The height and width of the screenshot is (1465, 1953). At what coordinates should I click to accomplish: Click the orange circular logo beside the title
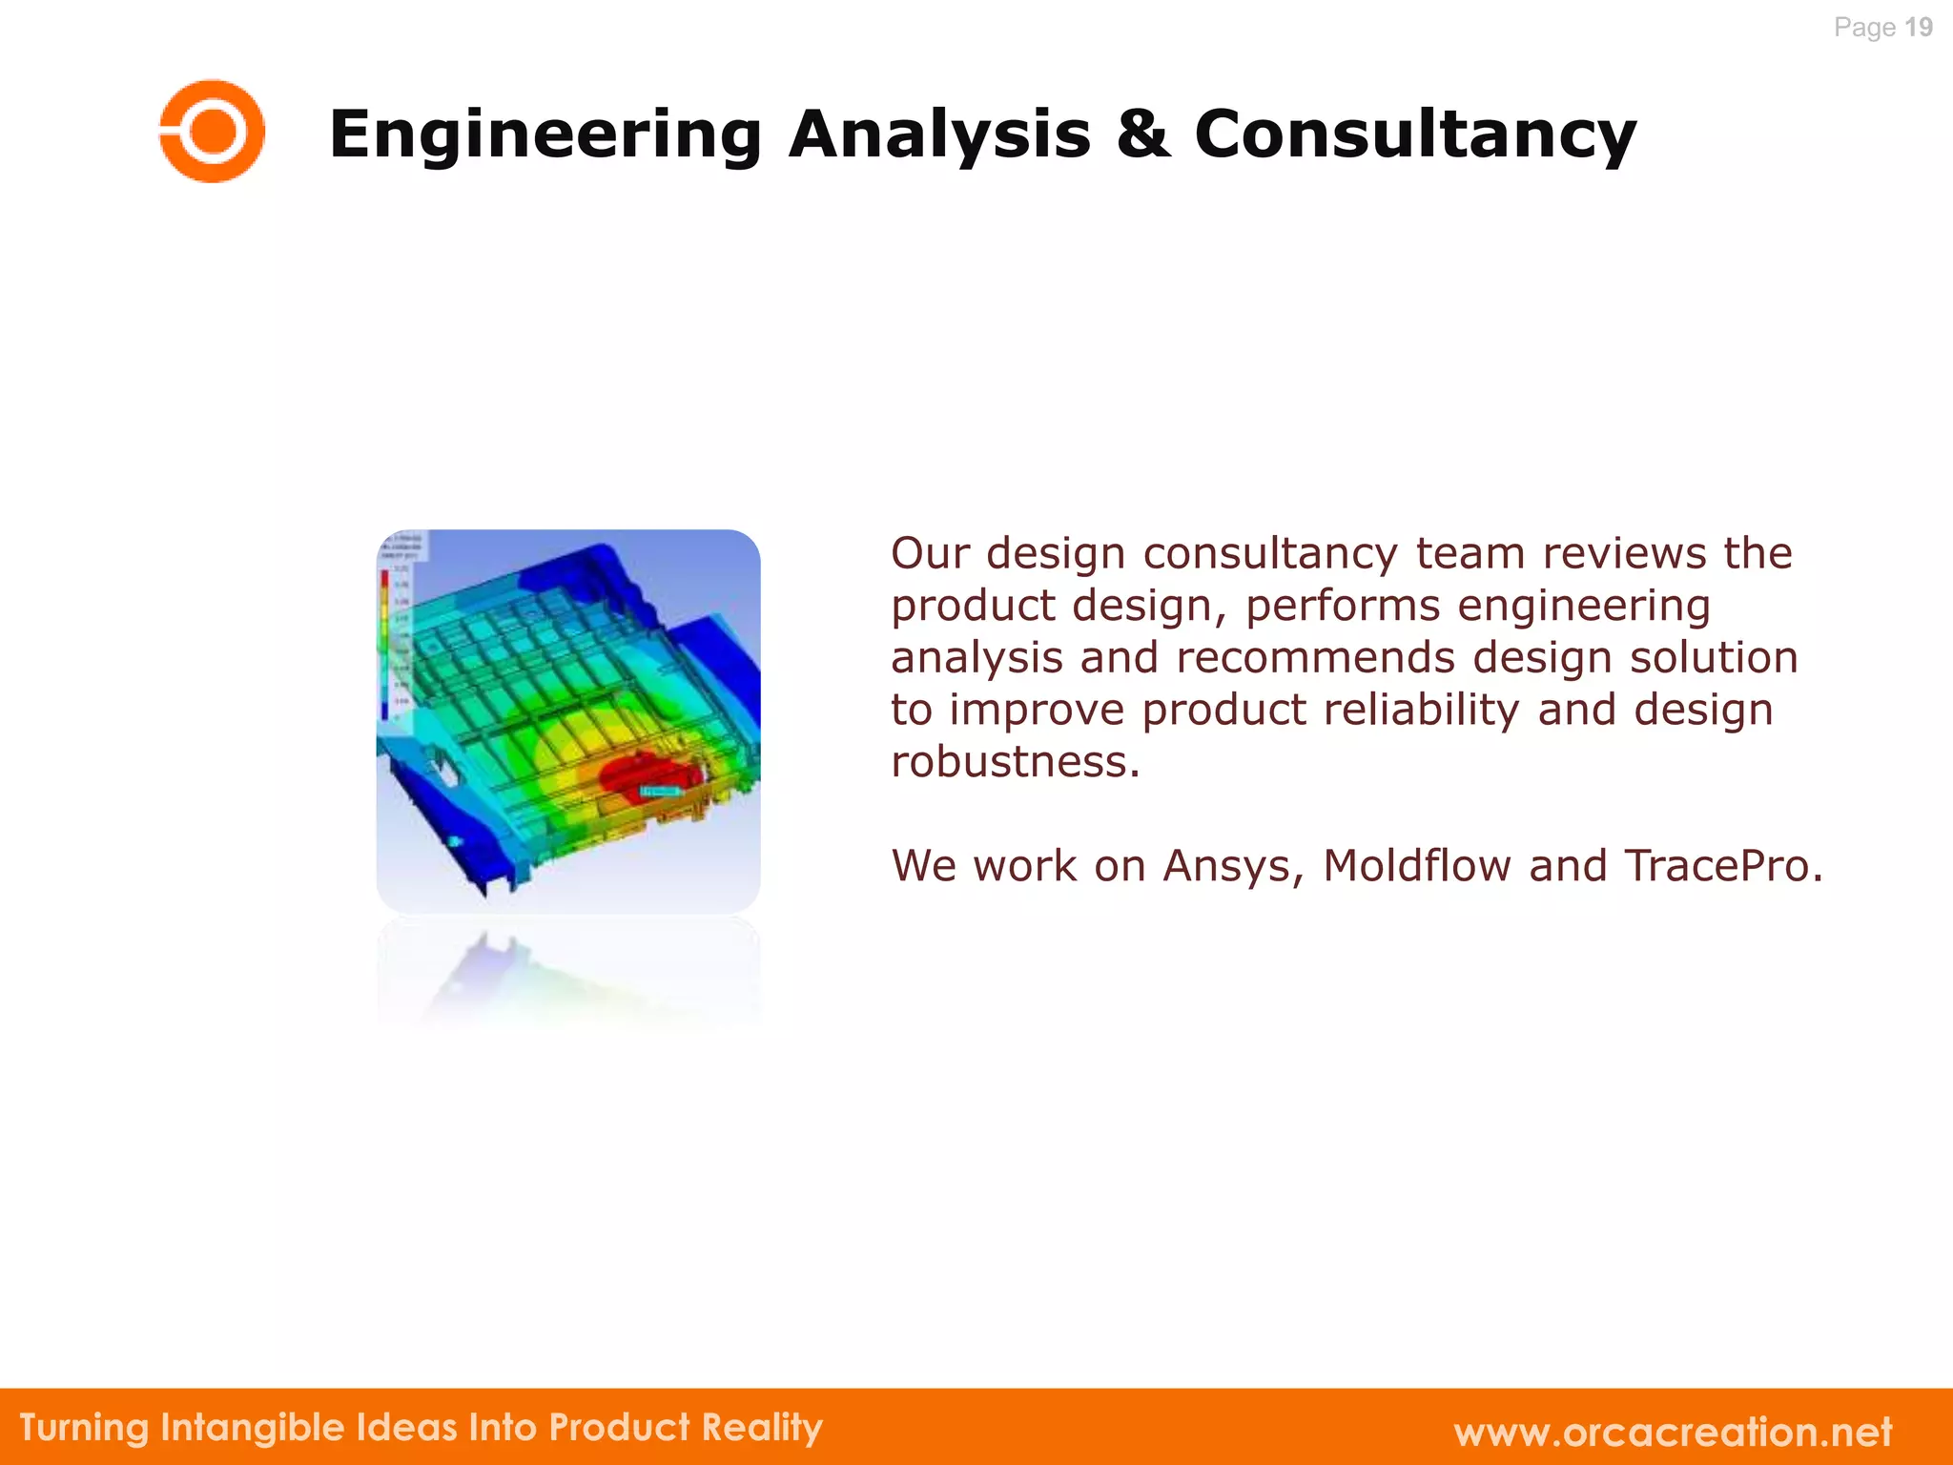click(212, 132)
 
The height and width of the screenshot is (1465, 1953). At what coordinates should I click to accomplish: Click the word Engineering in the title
click(545, 134)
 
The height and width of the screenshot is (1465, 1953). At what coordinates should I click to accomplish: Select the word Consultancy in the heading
click(1415, 134)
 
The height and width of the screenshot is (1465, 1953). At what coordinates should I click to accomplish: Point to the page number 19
click(1918, 28)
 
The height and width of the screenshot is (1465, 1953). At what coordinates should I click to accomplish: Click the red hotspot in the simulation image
click(648, 774)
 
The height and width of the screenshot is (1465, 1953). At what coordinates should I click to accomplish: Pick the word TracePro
click(1717, 866)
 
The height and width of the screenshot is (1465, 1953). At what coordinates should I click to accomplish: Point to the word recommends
click(1315, 658)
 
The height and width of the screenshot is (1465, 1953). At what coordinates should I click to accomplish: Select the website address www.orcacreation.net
click(1673, 1432)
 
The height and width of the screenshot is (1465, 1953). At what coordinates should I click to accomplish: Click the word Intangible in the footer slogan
click(253, 1428)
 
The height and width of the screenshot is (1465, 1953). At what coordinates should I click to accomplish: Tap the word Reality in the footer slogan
click(762, 1428)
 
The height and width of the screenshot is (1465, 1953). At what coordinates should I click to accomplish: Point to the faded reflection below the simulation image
click(568, 973)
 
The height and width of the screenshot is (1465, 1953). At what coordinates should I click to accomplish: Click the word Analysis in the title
click(939, 134)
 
